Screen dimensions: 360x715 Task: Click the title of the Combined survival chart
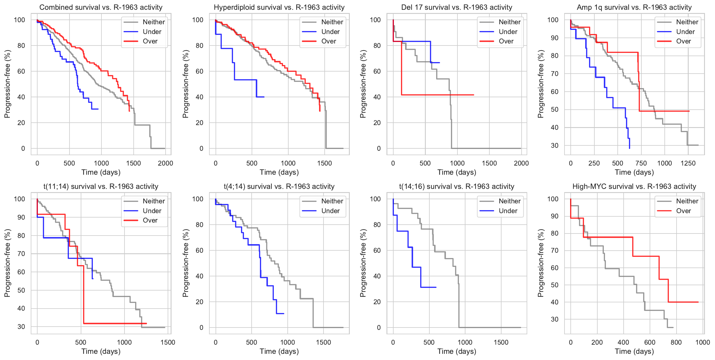point(101,7)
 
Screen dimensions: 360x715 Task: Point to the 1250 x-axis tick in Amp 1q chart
point(688,163)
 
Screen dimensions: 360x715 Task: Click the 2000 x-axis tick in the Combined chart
point(165,163)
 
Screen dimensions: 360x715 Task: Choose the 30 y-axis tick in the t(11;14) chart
point(21,327)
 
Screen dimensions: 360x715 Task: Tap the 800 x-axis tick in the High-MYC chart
point(676,342)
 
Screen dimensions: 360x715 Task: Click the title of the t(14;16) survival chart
point(457,187)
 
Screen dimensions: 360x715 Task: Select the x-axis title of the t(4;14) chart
point(279,351)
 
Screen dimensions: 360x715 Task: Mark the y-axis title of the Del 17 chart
point(363,84)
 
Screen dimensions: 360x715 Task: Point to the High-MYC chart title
point(634,187)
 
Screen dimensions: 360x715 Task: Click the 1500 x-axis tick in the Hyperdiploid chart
point(324,163)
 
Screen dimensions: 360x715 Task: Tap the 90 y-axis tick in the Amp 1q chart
point(554,38)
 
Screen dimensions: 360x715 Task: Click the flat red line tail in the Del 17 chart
point(444,95)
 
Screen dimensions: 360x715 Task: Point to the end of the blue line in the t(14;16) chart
point(436,287)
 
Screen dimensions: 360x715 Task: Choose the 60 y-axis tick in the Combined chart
point(21,71)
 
